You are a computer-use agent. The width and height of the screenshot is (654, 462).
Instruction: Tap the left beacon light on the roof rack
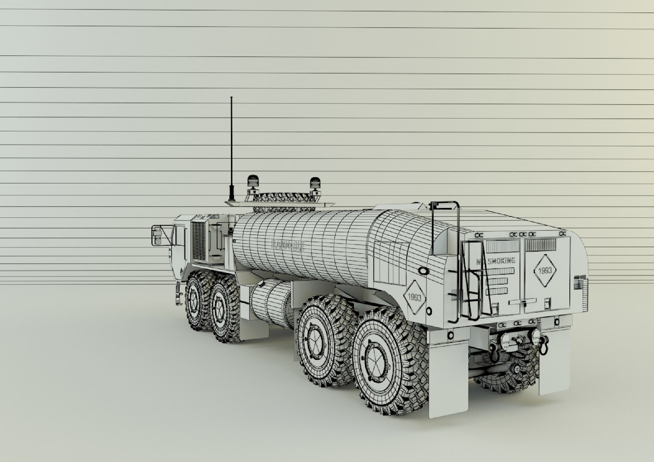(x=252, y=181)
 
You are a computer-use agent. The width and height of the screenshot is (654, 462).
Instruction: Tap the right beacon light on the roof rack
(x=315, y=183)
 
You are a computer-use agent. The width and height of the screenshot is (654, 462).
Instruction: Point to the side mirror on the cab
(x=157, y=236)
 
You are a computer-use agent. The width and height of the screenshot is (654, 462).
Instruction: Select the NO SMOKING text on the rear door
(x=495, y=261)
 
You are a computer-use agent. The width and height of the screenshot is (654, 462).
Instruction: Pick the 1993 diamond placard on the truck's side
(x=415, y=297)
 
